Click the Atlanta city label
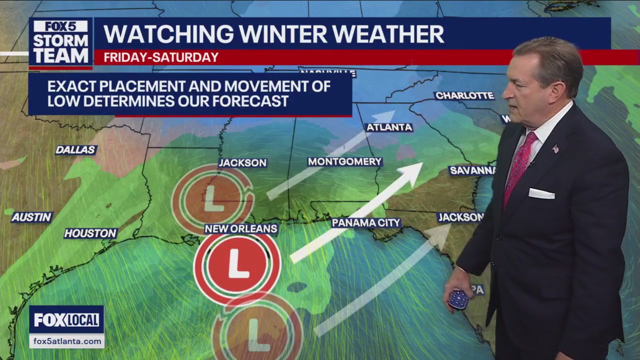[x=389, y=127]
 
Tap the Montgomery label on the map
[x=344, y=161]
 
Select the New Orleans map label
[x=241, y=229]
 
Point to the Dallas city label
[x=75, y=150]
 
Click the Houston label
[x=90, y=233]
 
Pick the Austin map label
[x=32, y=217]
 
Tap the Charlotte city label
[x=464, y=95]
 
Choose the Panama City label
[x=366, y=223]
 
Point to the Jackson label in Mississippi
[x=242, y=163]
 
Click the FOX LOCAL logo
[x=66, y=320]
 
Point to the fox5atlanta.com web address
[x=66, y=341]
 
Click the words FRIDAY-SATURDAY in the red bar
[x=161, y=57]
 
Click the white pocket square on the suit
[x=541, y=193]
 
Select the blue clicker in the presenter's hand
[x=458, y=299]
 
